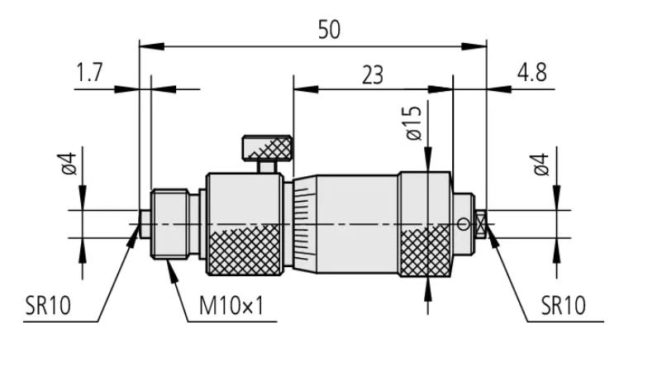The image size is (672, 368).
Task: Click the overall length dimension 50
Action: [x=329, y=30]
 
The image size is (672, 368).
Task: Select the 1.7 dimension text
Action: [x=91, y=74]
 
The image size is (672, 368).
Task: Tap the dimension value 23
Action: [x=373, y=74]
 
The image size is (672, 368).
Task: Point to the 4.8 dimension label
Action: [x=531, y=73]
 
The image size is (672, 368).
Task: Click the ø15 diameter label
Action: [x=414, y=122]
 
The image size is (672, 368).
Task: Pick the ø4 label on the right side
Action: [x=542, y=164]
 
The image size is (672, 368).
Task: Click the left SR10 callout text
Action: [x=48, y=306]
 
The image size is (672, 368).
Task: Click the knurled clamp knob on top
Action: [x=267, y=148]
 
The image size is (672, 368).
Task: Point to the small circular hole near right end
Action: [x=464, y=223]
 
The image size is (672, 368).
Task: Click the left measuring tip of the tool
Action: [x=144, y=222]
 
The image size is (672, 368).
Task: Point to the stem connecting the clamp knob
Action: [x=267, y=166]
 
